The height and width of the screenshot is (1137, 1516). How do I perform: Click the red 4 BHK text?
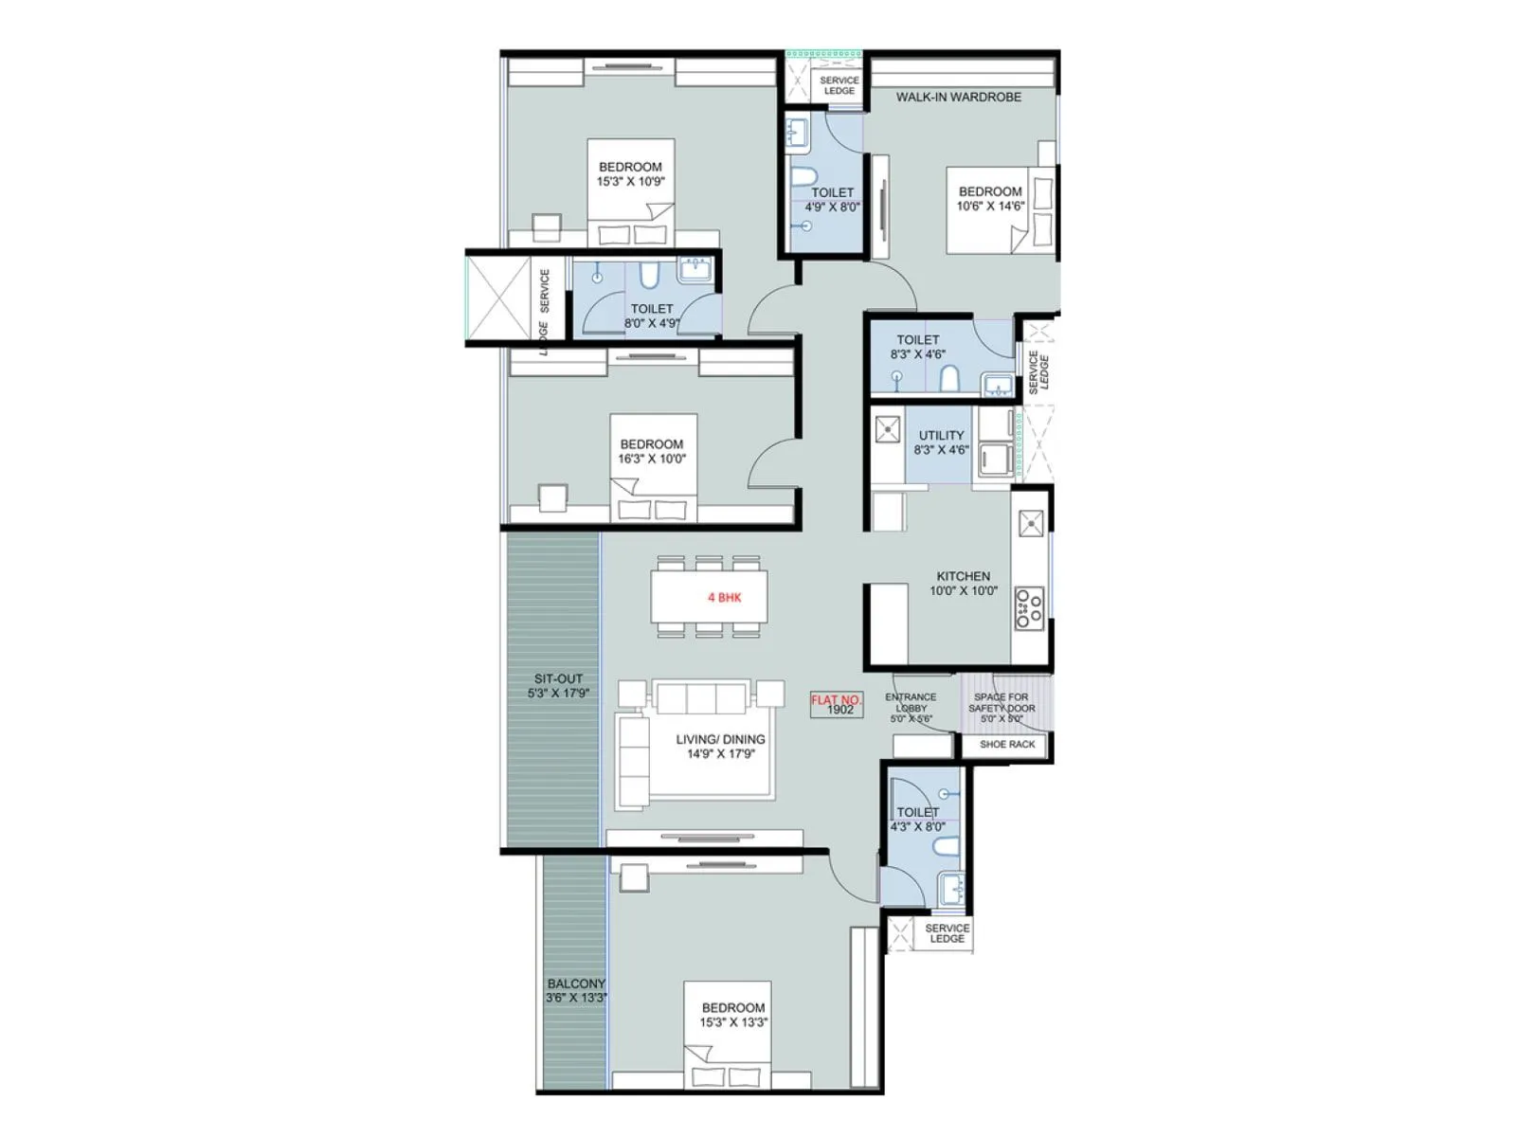[724, 598]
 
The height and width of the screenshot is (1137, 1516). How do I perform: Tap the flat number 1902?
[839, 710]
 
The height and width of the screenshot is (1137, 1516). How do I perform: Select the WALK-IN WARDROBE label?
[958, 97]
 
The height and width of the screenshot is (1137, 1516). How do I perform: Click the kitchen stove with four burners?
[1029, 608]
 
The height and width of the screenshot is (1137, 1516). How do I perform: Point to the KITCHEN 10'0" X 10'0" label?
[963, 584]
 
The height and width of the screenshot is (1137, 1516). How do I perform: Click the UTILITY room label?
[941, 442]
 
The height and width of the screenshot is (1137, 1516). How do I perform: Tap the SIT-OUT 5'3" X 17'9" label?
[558, 686]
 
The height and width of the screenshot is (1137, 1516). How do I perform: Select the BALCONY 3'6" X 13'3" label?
[576, 990]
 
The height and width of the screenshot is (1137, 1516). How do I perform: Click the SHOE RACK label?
[1006, 745]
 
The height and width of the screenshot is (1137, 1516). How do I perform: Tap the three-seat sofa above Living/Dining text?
[701, 699]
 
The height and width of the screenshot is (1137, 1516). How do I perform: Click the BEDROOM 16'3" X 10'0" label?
[651, 451]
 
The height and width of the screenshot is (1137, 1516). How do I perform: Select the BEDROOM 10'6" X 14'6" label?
[989, 198]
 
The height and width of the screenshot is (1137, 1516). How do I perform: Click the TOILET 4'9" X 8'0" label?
[832, 199]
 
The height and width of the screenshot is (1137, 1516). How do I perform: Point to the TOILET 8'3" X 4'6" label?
[917, 347]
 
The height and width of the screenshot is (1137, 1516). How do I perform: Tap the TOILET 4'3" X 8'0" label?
[917, 819]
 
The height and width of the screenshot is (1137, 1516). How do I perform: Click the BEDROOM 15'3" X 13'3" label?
[732, 1015]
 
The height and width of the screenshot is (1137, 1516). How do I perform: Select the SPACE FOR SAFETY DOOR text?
[1002, 708]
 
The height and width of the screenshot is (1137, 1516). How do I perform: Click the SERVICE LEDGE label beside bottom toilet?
[947, 933]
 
